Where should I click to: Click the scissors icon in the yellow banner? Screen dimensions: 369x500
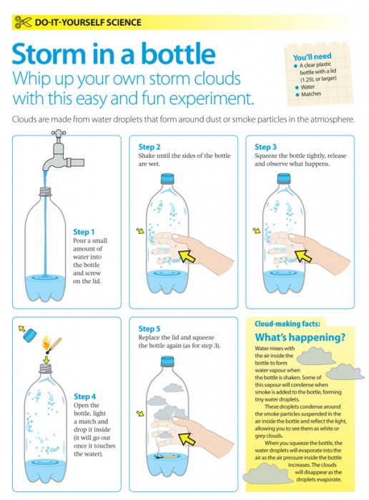[x=23, y=22]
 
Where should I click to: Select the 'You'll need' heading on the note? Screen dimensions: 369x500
[x=312, y=56]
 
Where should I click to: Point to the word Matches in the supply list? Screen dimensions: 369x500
[x=311, y=94]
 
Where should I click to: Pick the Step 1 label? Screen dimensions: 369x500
[x=84, y=232]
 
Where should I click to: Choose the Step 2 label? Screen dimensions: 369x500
[x=149, y=147]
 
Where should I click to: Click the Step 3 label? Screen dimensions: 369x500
[x=265, y=147]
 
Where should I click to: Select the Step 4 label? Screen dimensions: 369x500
[x=84, y=396]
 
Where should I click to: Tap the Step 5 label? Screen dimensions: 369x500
[x=149, y=329]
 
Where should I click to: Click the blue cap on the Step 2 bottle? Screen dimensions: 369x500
[x=167, y=179]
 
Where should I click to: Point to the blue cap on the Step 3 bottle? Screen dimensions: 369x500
[x=284, y=179]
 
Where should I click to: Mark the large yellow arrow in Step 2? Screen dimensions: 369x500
[x=187, y=256]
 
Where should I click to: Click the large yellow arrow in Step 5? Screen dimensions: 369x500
[x=187, y=439]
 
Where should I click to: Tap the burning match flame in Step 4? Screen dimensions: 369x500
[x=46, y=341]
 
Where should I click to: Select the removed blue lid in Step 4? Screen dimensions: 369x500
[x=30, y=336]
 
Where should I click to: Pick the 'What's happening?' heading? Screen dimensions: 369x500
[x=300, y=337]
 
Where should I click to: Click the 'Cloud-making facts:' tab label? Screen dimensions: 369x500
[x=287, y=324]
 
